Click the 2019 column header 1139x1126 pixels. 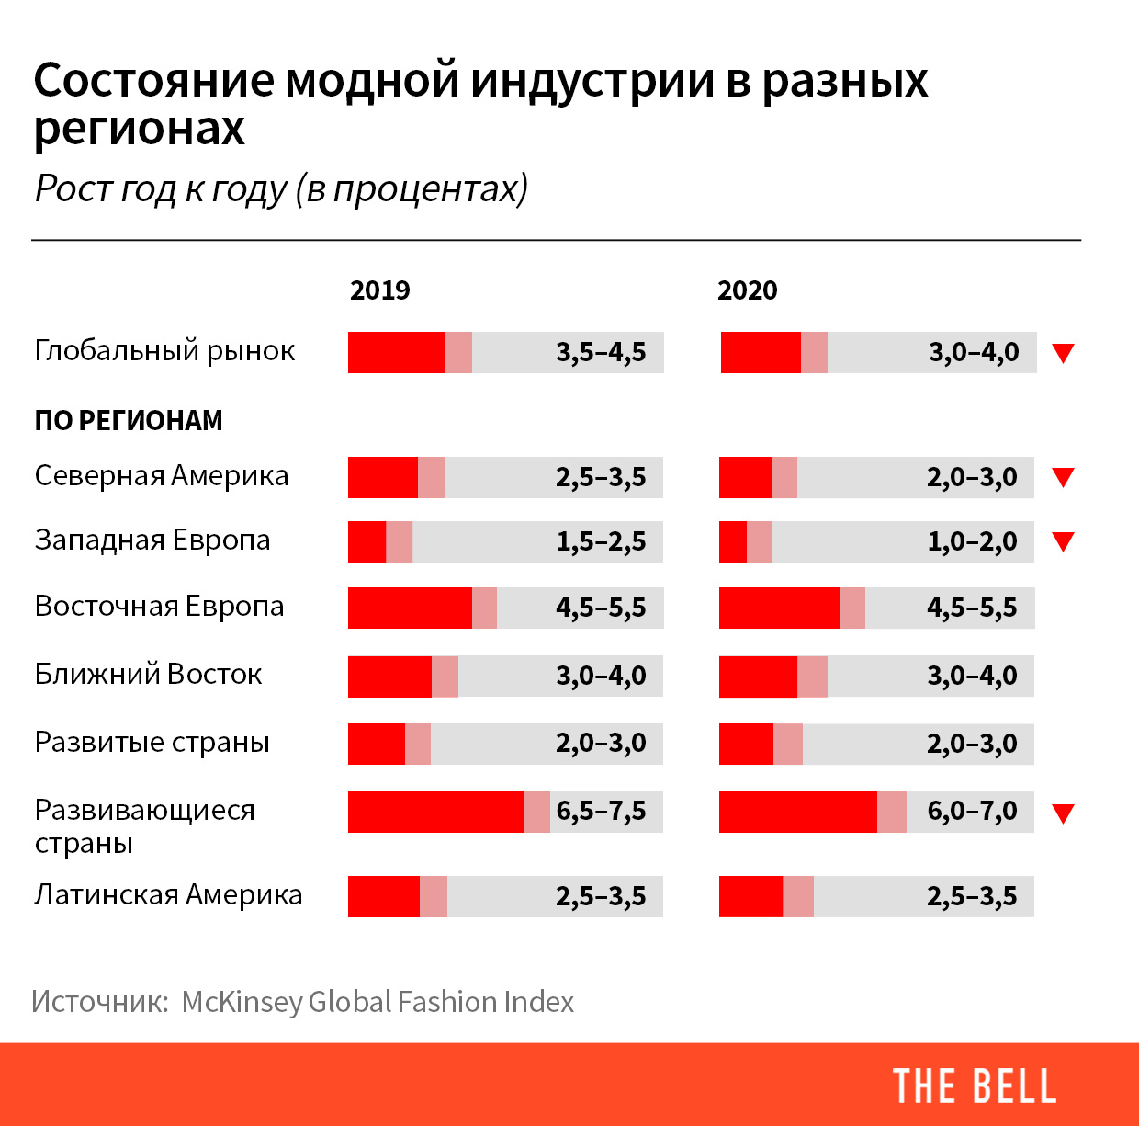click(379, 290)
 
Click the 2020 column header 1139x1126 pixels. click(747, 290)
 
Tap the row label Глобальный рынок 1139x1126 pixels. click(165, 351)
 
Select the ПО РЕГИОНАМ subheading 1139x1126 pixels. click(129, 421)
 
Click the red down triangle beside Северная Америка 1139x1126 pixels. click(1063, 477)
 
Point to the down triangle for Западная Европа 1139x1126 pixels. click(1063, 541)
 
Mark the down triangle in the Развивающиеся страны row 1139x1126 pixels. click(1063, 813)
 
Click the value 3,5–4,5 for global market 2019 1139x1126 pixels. click(601, 352)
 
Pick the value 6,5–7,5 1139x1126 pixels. click(601, 812)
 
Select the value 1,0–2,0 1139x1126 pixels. click(972, 541)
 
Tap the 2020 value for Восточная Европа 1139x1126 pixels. click(972, 608)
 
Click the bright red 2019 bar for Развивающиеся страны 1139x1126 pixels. click(435, 812)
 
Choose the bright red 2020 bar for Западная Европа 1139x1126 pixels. click(733, 541)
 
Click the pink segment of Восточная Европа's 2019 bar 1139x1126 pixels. click(484, 608)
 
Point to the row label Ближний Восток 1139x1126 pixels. click(148, 675)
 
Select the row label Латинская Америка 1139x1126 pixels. click(168, 894)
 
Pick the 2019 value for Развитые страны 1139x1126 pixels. click(601, 743)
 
